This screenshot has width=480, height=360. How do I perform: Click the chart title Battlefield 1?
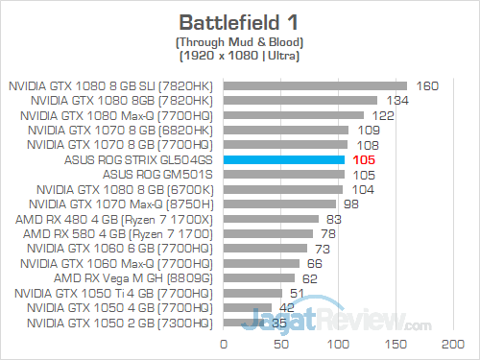click(x=239, y=22)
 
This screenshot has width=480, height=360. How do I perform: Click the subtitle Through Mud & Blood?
click(x=239, y=43)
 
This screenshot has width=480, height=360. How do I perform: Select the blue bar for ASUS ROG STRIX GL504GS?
click(x=283, y=159)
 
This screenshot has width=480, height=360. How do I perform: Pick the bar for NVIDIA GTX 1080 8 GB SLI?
click(x=315, y=85)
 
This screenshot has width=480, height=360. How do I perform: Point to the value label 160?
click(x=426, y=85)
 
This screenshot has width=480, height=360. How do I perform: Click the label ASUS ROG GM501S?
click(x=170, y=175)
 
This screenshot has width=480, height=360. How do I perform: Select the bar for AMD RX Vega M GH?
click(x=259, y=278)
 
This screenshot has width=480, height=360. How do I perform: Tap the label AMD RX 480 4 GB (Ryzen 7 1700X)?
click(x=120, y=219)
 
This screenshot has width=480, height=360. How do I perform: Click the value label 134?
click(x=396, y=100)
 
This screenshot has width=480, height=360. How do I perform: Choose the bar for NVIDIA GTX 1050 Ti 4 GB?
click(x=252, y=293)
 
